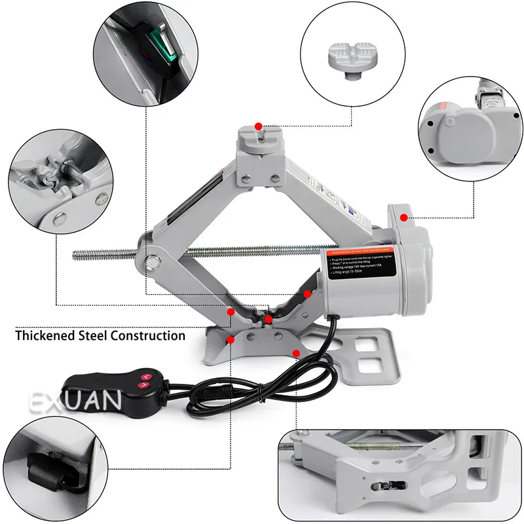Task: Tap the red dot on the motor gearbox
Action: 404,217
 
